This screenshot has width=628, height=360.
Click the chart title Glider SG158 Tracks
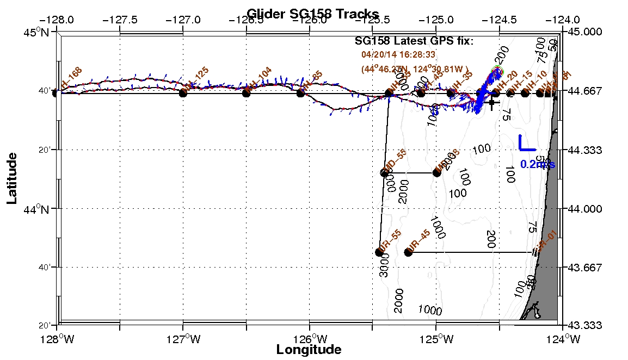pyautogui.click(x=313, y=14)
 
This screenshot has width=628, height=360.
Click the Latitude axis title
pyautogui.click(x=12, y=178)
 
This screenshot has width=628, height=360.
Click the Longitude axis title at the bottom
pyautogui.click(x=309, y=350)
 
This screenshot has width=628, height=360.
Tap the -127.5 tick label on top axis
pyautogui.click(x=120, y=20)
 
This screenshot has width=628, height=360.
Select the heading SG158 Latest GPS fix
pyautogui.click(x=414, y=41)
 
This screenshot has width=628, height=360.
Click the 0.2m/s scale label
pyautogui.click(x=538, y=164)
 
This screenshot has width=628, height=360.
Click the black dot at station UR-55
pyautogui.click(x=379, y=252)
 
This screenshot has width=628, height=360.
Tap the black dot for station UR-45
pyautogui.click(x=409, y=252)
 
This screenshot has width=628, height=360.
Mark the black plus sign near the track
pyautogui.click(x=492, y=102)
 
